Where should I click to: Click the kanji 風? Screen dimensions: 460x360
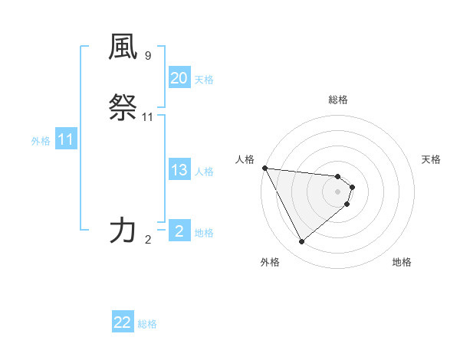point(123,48)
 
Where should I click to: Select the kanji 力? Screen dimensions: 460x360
point(123,230)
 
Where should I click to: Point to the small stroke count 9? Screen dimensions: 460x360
point(148,56)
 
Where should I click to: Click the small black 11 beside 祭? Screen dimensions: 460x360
point(148,117)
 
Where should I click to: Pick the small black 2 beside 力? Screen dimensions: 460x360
point(148,240)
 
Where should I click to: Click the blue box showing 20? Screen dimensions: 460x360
point(179,78)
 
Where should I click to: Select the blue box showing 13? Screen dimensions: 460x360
point(179,170)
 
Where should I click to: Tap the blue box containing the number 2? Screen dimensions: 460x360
point(179,231)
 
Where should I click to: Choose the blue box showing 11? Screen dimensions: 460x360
point(66,140)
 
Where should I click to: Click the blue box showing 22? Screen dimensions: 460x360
point(123,322)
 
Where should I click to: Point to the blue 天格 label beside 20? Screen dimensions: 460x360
point(204,80)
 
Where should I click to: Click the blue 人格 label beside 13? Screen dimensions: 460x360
point(204,172)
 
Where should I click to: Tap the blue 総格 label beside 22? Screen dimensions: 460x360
point(147,324)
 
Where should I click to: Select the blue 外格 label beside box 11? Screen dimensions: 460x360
point(41,141)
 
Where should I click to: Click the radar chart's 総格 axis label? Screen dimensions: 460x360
point(338,100)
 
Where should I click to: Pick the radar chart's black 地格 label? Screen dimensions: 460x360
point(402,262)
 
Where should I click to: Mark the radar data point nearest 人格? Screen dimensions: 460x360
point(264,168)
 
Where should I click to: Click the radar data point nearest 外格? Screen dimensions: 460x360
point(301,242)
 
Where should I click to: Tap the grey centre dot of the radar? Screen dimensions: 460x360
point(338,191)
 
